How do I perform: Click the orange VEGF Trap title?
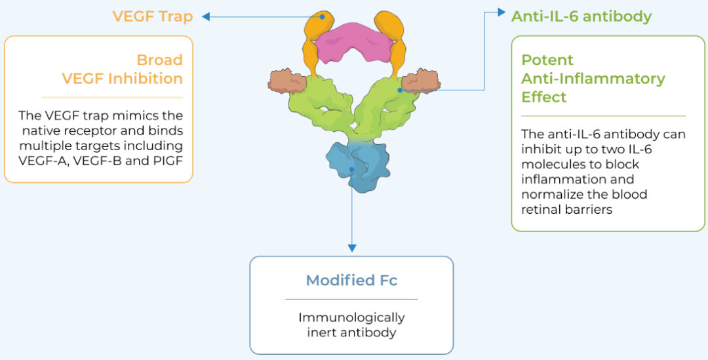152,16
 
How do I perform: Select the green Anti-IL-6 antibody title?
581,16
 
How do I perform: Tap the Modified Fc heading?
351,281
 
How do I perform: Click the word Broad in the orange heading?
159,60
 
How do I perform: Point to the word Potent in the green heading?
547,60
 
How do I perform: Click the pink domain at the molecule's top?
354,41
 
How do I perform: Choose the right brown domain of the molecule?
420,83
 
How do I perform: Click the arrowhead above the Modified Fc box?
352,248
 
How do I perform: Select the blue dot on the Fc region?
352,169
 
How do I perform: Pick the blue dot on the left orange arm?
322,18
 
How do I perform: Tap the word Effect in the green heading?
543,97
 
